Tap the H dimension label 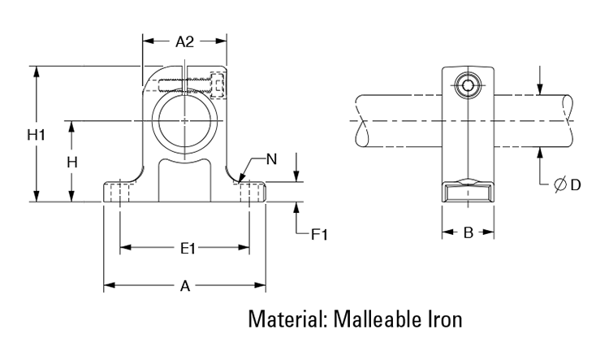(72, 162)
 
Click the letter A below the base (185, 286)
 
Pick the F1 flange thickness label (319, 235)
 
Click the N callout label (271, 159)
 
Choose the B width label (468, 233)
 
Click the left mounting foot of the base (121, 192)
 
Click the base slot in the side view (469, 193)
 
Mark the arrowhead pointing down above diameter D (541, 89)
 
